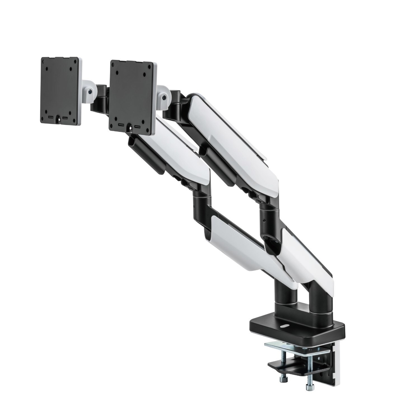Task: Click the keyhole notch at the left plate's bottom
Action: [x=60, y=120]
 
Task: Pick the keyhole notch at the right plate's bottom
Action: [x=131, y=128]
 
